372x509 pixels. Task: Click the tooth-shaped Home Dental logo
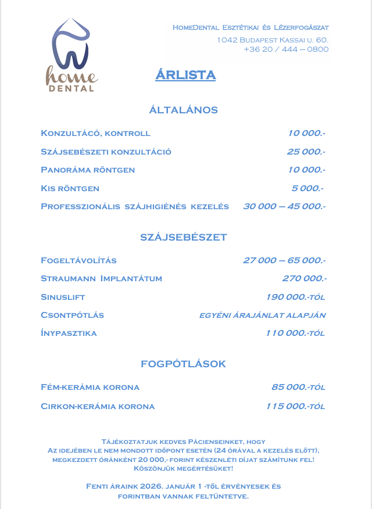(x=71, y=55)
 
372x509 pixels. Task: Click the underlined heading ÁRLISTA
(x=185, y=75)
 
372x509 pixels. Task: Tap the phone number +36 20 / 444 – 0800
(x=286, y=49)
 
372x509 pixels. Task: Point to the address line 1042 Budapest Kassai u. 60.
(x=273, y=40)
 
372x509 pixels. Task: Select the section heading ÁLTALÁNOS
(x=184, y=110)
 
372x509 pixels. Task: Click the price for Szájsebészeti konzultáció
(x=306, y=152)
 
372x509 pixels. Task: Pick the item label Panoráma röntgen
(x=88, y=170)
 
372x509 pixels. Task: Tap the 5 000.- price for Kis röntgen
(x=307, y=188)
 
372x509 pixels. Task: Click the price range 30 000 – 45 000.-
(x=284, y=206)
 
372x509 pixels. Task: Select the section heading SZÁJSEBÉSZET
(x=184, y=238)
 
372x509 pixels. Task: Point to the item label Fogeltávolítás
(x=79, y=260)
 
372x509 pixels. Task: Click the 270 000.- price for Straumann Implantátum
(x=304, y=278)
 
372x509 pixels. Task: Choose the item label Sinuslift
(x=63, y=297)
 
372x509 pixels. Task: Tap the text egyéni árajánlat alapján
(x=262, y=316)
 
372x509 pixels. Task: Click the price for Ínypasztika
(x=295, y=334)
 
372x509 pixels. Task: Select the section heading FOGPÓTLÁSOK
(x=183, y=364)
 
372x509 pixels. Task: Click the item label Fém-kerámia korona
(x=90, y=387)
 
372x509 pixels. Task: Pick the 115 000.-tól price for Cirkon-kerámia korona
(x=295, y=406)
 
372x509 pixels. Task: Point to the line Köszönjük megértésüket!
(x=183, y=468)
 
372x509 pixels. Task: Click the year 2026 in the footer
(x=149, y=486)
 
